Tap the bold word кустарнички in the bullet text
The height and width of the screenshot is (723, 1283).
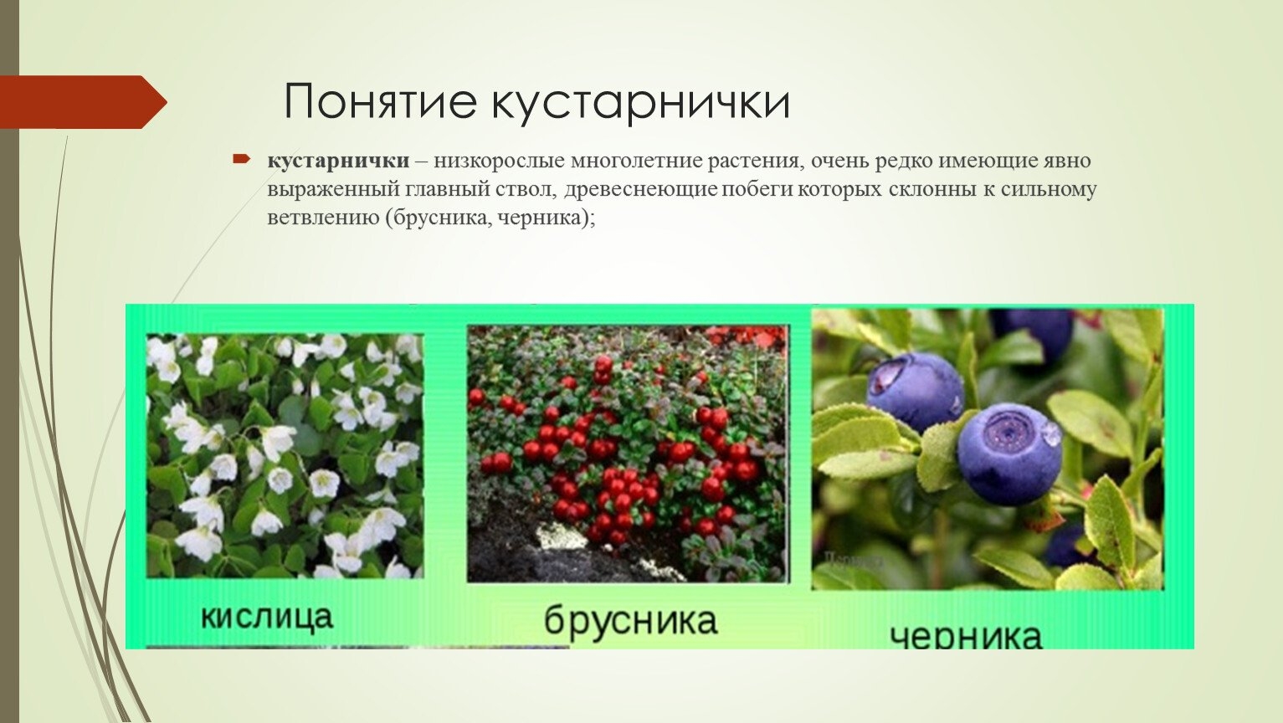click(338, 161)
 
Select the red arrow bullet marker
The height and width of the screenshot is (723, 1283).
click(241, 158)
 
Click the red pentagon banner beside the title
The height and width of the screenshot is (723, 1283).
click(83, 102)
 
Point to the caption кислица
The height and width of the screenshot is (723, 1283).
click(267, 617)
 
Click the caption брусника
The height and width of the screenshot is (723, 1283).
click(630, 621)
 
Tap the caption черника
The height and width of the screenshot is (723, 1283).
click(966, 637)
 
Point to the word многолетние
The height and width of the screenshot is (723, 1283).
click(636, 161)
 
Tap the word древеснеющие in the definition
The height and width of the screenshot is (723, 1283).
click(640, 190)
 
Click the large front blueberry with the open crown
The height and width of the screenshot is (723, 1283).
click(1009, 454)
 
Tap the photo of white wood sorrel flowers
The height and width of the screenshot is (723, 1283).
click(285, 456)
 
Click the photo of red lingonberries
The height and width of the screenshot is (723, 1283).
click(628, 454)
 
